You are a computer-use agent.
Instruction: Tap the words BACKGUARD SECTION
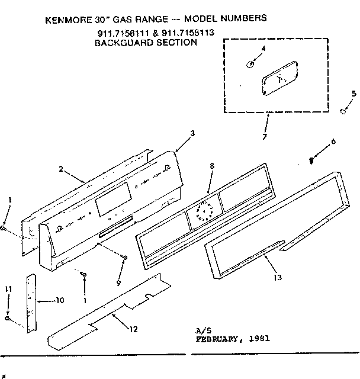click(146, 43)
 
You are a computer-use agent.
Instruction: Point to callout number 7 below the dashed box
click(265, 137)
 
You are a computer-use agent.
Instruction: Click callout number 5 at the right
click(353, 93)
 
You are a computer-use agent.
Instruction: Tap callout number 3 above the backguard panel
click(192, 134)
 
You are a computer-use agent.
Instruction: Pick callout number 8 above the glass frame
click(211, 166)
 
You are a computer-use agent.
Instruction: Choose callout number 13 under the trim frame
click(278, 277)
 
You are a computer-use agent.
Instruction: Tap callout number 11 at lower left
click(8, 288)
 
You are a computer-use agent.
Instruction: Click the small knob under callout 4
click(252, 62)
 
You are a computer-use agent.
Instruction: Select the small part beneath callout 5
click(343, 111)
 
